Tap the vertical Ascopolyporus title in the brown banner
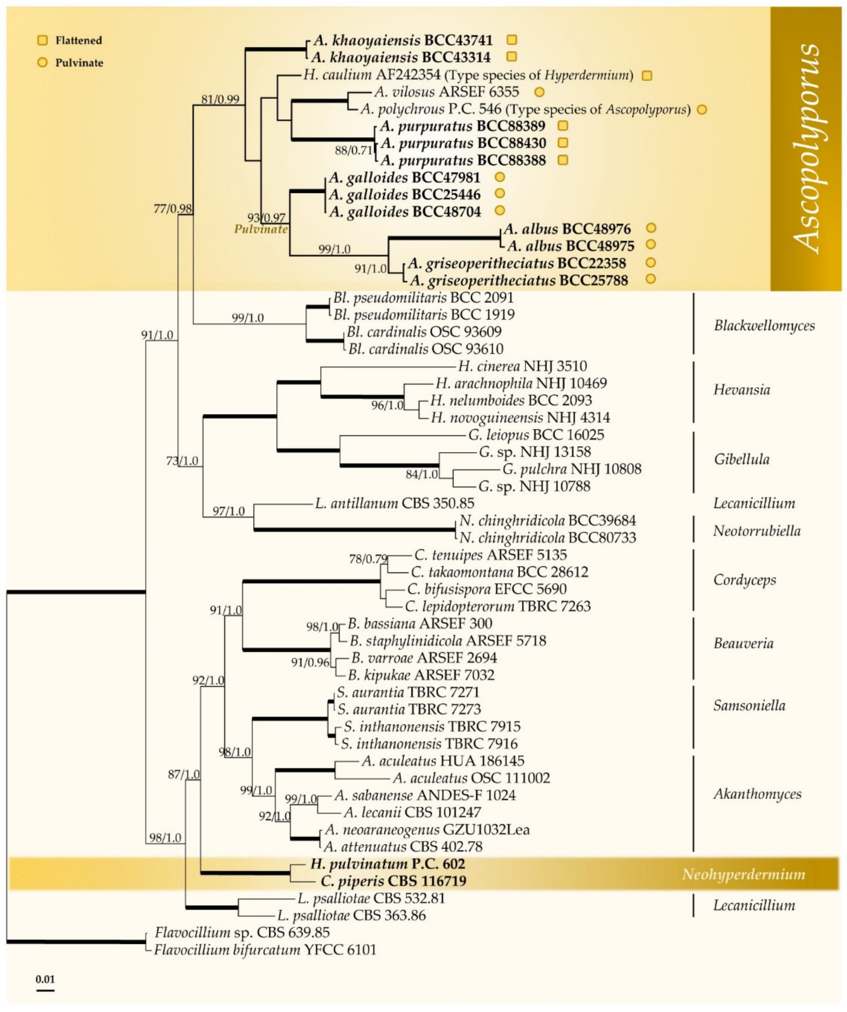coord(806,147)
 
